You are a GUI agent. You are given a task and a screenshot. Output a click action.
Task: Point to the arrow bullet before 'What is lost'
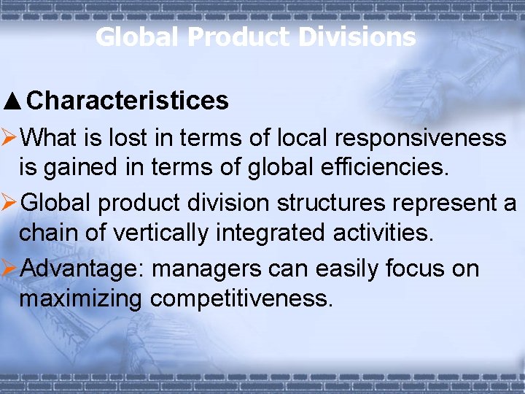10,137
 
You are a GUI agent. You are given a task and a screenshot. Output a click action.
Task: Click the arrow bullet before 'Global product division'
10,203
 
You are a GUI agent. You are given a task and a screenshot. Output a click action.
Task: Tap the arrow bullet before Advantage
10,269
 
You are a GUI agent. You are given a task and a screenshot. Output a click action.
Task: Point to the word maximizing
80,298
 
